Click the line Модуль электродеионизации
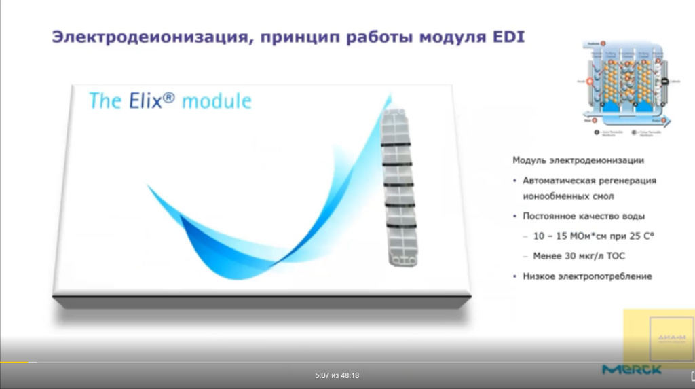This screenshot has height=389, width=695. click(x=578, y=160)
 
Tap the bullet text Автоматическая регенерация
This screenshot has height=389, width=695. click(x=589, y=181)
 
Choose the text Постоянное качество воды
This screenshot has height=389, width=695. click(x=584, y=216)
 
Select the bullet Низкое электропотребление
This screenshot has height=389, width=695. click(x=587, y=276)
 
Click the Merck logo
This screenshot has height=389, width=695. click(x=631, y=369)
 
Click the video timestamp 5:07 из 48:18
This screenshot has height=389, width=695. click(x=337, y=375)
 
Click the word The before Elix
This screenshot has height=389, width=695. click(x=105, y=101)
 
